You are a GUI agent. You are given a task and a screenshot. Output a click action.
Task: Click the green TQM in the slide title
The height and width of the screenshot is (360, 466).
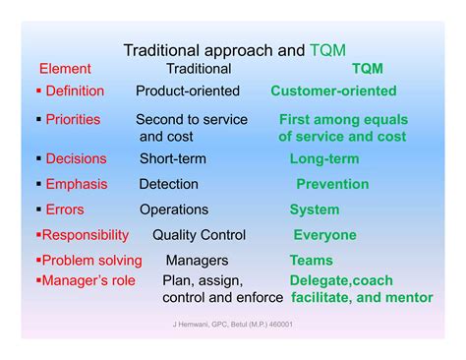point(327,49)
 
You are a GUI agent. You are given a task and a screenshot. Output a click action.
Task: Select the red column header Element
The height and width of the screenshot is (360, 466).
point(65,69)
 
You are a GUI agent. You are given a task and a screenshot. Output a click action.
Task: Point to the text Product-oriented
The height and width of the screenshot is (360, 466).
point(187,90)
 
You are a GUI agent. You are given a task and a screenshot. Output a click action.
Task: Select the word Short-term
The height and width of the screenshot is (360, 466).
point(172,158)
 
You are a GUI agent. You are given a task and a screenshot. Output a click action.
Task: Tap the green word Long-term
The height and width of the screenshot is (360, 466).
point(323,158)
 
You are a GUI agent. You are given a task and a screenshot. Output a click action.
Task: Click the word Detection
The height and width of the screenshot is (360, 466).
point(168,184)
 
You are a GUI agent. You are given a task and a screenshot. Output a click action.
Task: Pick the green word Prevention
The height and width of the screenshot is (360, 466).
point(332,184)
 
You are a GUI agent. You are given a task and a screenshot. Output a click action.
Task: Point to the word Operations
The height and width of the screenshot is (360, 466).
point(173,210)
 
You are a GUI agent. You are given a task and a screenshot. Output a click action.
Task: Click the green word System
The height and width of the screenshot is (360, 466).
point(314,210)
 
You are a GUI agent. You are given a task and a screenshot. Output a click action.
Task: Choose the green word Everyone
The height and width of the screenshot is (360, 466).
point(324,235)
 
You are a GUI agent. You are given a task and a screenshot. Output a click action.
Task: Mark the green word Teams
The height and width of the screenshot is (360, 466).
point(311,261)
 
